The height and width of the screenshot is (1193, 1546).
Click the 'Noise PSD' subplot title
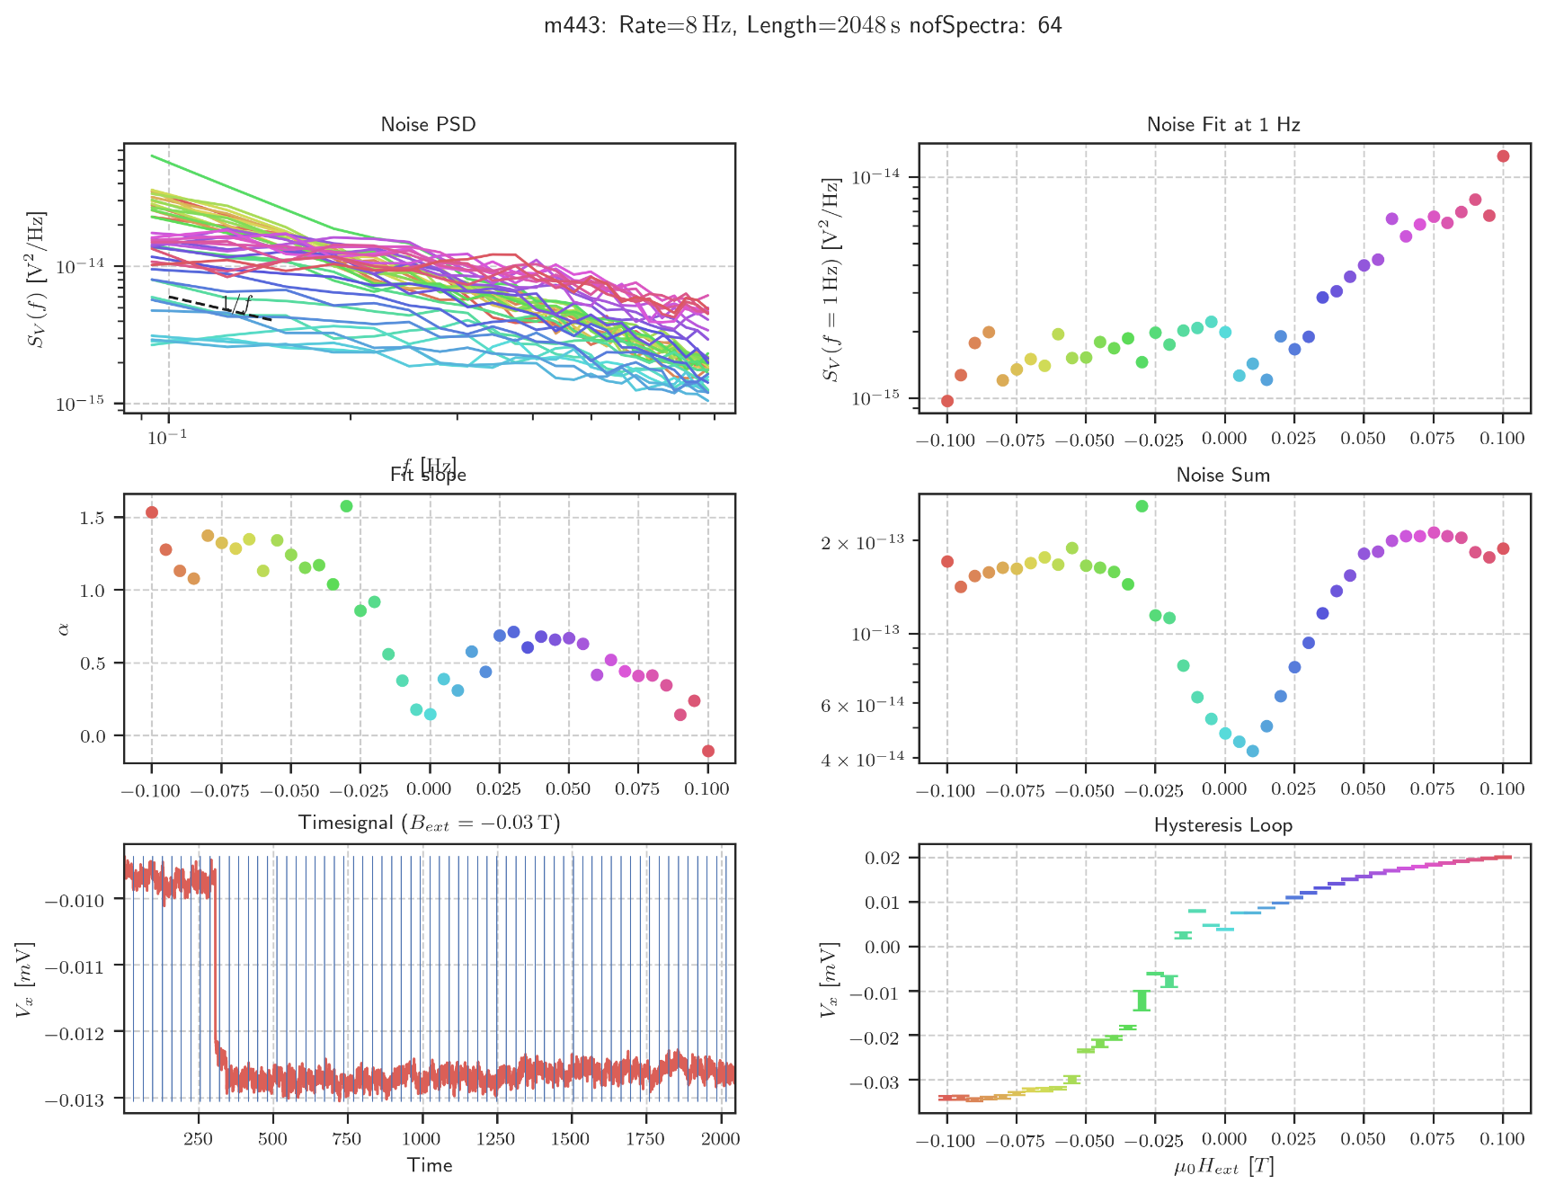[x=428, y=124]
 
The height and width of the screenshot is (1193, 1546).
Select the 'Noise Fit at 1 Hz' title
[x=1223, y=124]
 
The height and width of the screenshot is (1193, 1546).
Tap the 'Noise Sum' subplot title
[x=1223, y=475]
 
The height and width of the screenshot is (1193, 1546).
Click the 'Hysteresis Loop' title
[x=1223, y=824]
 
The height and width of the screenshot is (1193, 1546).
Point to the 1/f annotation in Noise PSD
[x=236, y=304]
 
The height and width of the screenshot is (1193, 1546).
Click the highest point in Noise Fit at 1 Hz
[x=1503, y=156]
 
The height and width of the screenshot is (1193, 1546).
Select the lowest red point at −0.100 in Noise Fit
[x=947, y=401]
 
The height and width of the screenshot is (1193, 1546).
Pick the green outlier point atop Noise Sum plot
[x=1142, y=506]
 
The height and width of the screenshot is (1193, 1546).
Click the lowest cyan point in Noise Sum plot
[x=1253, y=752]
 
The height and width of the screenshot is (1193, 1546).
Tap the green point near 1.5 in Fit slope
[x=346, y=506]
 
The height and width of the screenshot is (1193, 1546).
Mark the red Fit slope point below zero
[x=708, y=751]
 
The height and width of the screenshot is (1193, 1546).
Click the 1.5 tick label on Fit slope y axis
[x=93, y=518]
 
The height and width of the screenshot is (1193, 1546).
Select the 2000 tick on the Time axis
[x=720, y=1139]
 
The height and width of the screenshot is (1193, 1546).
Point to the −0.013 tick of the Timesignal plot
[x=78, y=1100]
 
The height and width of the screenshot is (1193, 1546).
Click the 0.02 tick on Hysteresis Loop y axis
[x=883, y=858]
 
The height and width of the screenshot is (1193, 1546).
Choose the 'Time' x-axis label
[x=429, y=1165]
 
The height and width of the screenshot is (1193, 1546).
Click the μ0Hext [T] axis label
[x=1223, y=1167]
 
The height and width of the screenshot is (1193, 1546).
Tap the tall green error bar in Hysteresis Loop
[x=1142, y=1001]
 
